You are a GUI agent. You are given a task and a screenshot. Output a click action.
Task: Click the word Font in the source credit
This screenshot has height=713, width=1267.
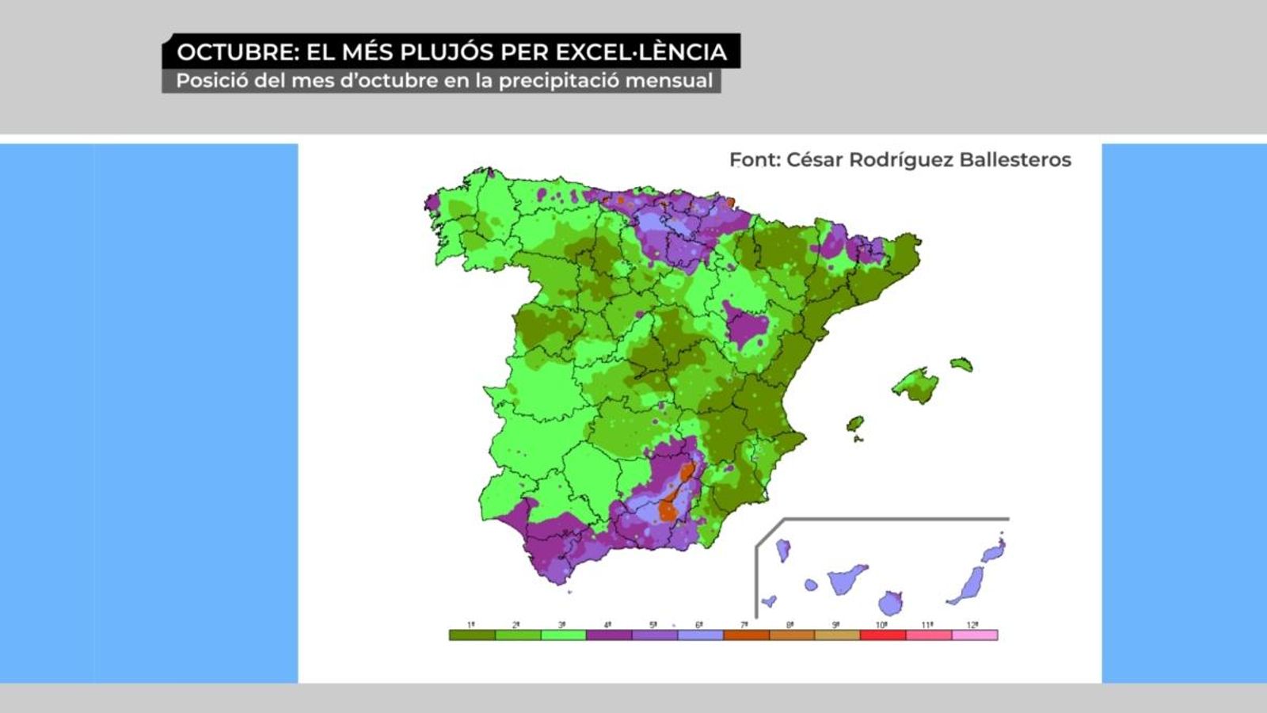pos(755,160)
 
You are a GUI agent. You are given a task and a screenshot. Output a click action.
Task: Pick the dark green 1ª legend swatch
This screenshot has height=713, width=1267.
pos(472,635)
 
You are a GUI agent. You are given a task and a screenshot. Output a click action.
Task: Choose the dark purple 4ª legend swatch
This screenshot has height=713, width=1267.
pos(609,635)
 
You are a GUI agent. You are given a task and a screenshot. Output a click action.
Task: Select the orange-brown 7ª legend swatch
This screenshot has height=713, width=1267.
pos(746,635)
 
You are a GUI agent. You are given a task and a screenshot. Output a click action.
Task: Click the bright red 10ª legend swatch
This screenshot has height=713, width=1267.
pos(883,635)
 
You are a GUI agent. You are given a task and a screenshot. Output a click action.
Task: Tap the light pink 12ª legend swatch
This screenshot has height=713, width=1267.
pos(975,635)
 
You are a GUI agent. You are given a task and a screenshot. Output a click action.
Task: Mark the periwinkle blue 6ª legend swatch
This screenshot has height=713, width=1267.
pos(700,635)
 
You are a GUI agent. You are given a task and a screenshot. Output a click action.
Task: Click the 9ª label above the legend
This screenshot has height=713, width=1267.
pos(836,625)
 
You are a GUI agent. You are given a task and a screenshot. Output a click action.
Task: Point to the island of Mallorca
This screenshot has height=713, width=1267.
pos(916,386)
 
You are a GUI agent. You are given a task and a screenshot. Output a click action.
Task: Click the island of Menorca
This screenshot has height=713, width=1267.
pos(961,364)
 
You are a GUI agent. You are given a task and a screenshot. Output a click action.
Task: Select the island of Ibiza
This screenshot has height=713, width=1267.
pos(855,424)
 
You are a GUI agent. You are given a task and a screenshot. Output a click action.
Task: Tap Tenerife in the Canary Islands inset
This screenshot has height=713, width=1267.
pos(847,580)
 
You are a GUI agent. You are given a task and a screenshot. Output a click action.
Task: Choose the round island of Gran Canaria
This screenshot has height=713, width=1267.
pos(891,604)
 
